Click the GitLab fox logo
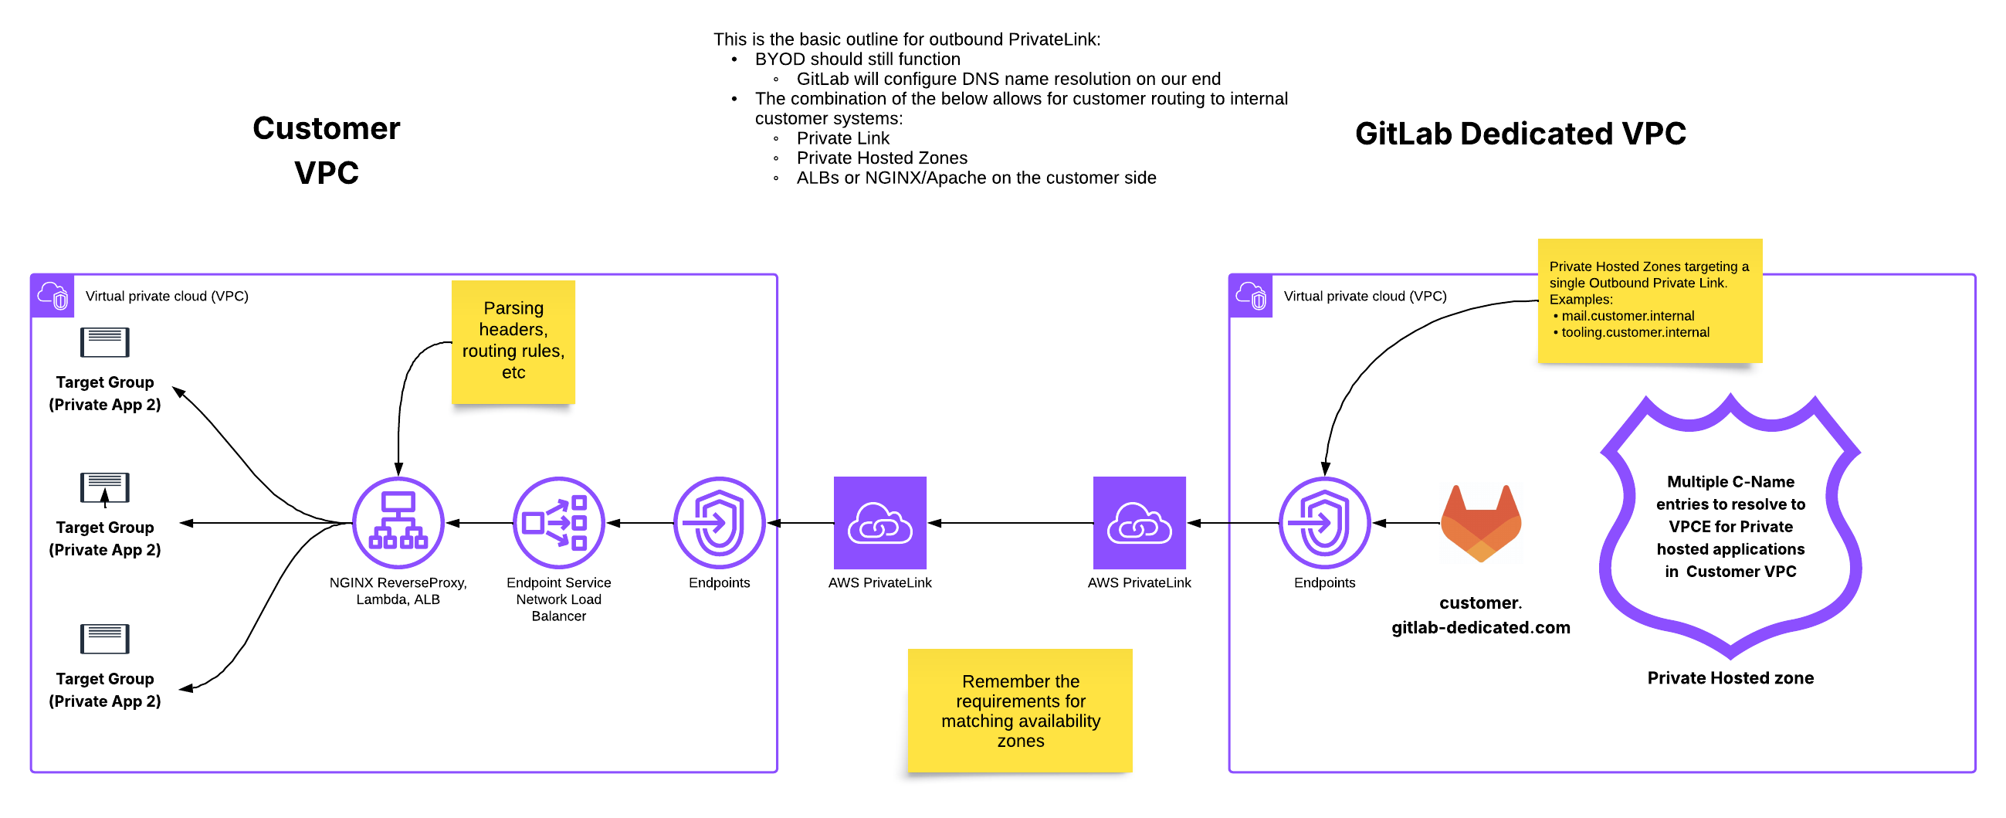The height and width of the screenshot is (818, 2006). pos(1480,523)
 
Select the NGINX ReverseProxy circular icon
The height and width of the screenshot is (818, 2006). pos(398,523)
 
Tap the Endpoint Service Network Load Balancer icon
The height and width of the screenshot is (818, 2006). pos(558,523)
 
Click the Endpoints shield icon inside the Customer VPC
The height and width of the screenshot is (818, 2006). pos(719,523)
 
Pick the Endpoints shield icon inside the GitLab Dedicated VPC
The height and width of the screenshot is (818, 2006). pos(1324,523)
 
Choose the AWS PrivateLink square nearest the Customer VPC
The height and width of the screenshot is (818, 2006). pos(880,523)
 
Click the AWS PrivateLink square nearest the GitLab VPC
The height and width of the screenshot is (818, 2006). pos(1139,523)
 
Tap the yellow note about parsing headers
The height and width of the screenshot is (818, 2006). pos(513,341)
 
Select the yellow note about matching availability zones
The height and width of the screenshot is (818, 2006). pos(1020,711)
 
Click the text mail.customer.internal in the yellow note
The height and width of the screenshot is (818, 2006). pos(1628,315)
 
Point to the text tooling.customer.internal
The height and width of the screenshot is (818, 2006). pos(1635,332)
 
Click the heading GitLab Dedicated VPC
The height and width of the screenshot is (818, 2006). pos(1520,133)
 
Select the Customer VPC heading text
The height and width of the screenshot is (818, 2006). pos(327,150)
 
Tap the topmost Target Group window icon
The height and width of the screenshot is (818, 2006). pos(104,342)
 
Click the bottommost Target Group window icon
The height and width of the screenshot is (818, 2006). pos(104,639)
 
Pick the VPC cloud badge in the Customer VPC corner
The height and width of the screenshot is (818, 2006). pos(53,296)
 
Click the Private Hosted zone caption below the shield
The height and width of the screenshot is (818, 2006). pos(1730,677)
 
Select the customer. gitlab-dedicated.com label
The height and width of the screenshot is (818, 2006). pos(1480,615)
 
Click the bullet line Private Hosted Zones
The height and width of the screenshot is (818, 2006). pos(882,158)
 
